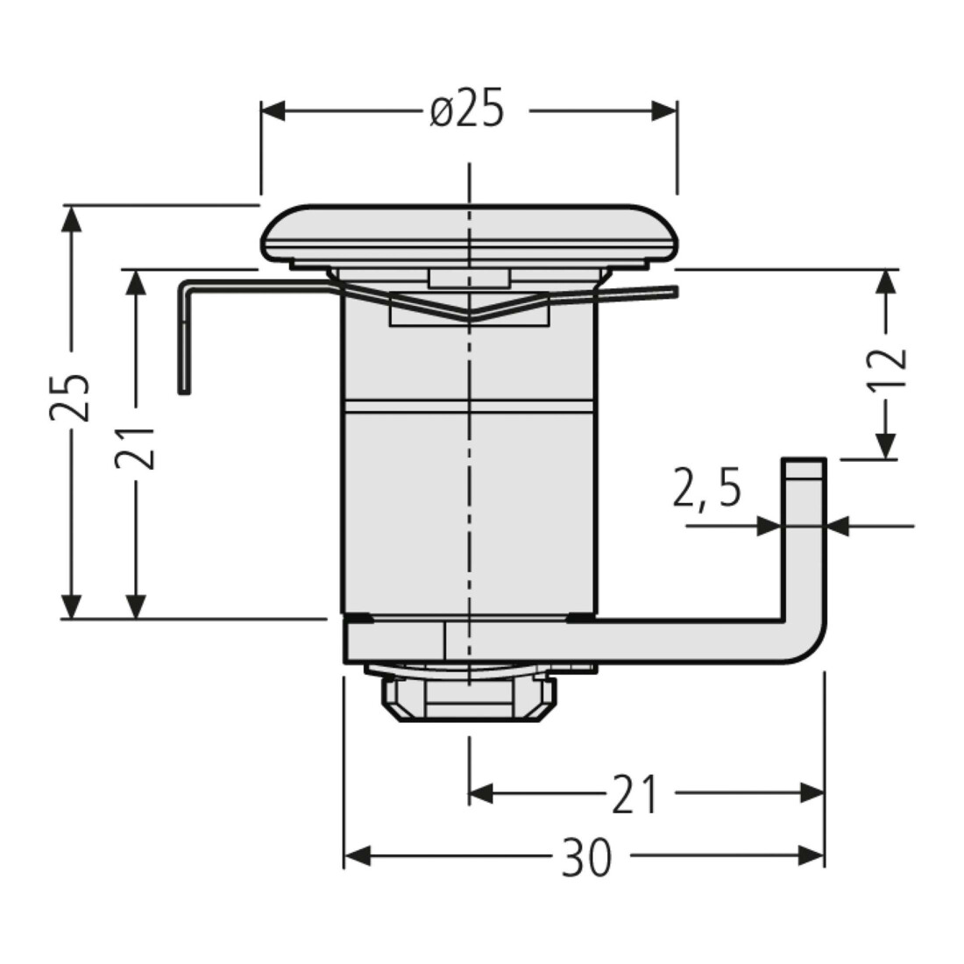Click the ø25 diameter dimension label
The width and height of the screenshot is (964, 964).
coord(467,108)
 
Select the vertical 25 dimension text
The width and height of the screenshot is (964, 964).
coord(70,396)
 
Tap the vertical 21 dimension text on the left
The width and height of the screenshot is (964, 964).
coord(135,447)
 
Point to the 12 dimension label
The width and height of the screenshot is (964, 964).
coord(887,367)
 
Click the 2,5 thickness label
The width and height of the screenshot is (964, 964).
coord(707,487)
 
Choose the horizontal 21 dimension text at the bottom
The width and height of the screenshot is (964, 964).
coord(634,794)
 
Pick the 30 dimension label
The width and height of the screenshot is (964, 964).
coord(586,856)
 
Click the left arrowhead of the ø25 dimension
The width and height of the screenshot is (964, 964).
coord(273,111)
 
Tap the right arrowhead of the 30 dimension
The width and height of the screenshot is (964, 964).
coord(812,855)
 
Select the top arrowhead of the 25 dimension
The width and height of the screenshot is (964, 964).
coord(71,218)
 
